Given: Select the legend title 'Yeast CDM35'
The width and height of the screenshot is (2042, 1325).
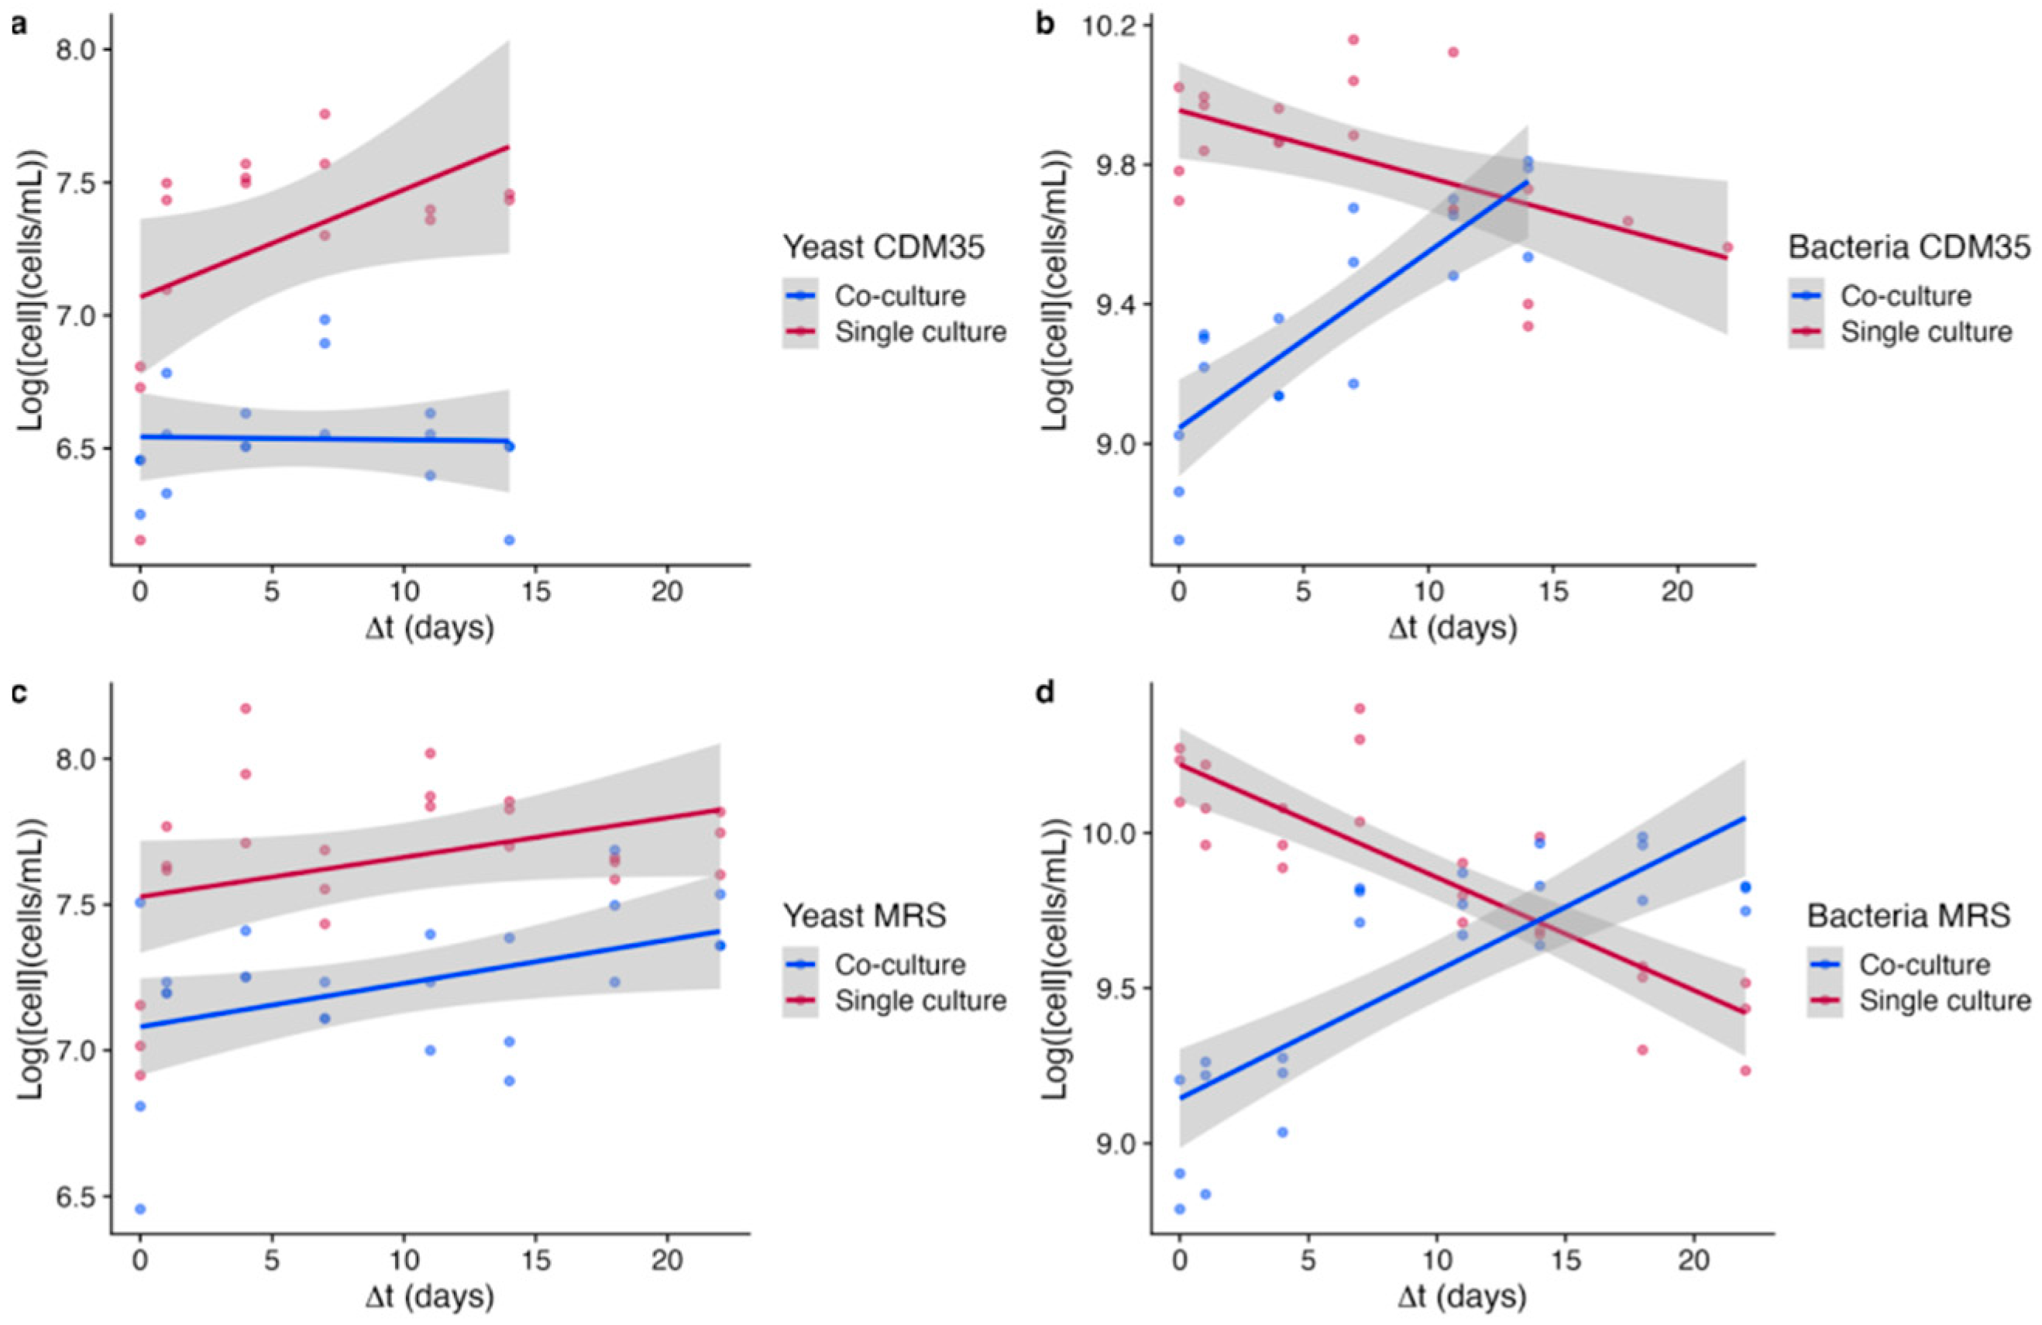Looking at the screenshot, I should (x=884, y=247).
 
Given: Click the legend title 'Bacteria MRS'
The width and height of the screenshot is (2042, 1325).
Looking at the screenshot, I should (x=1908, y=916).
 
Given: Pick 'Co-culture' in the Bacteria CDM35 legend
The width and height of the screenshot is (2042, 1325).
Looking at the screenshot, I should (x=1906, y=296).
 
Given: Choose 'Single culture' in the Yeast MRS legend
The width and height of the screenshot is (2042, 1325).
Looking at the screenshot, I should (x=920, y=1000).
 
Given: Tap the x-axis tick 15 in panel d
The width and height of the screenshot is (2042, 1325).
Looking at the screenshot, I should (x=1565, y=1261).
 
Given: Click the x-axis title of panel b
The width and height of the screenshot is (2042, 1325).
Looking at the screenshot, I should (x=1452, y=629).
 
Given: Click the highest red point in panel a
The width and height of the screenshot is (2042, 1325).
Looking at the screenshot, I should (x=325, y=114).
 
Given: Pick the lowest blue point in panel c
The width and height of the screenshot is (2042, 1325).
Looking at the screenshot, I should (x=140, y=1209).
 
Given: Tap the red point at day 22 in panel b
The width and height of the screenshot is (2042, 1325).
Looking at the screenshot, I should (x=1727, y=247).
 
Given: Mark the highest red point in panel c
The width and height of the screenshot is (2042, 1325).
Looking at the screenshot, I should (x=246, y=708).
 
